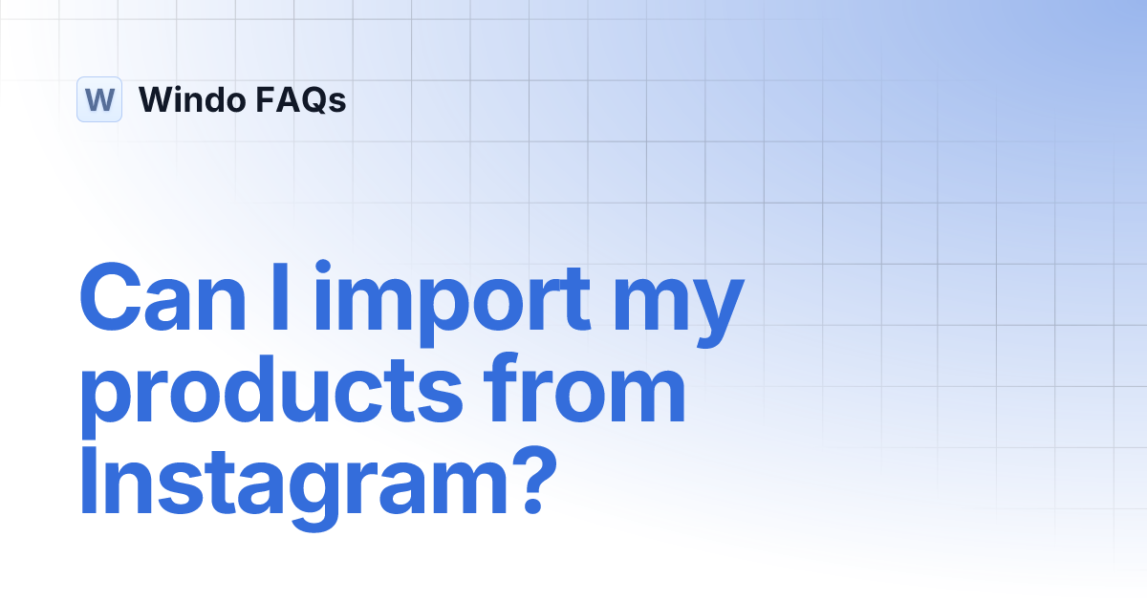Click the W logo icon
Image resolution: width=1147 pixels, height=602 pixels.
99,99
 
